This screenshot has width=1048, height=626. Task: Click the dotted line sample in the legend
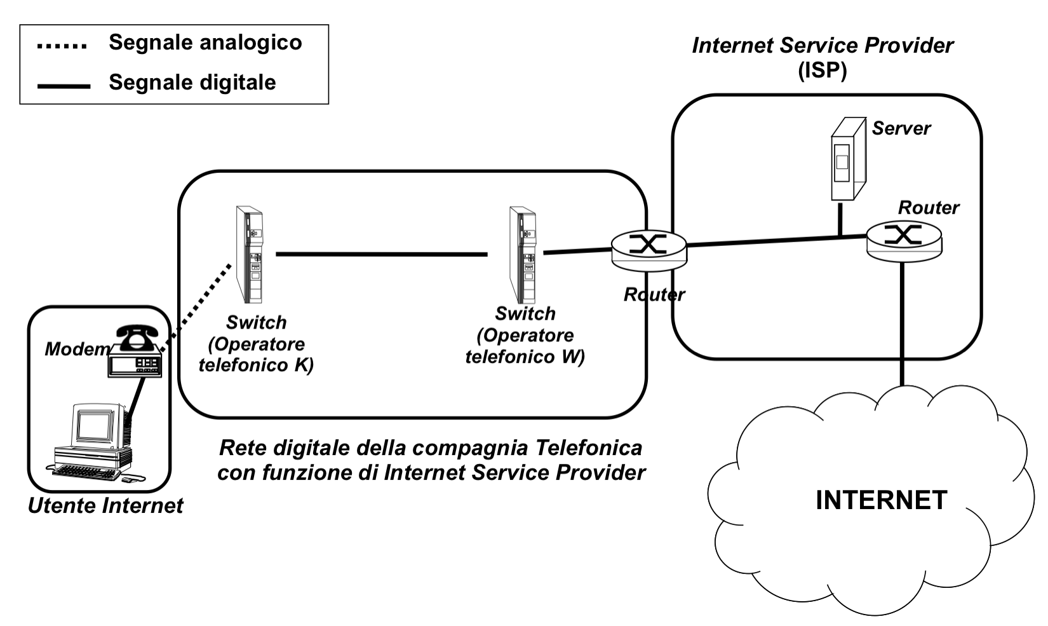(x=62, y=46)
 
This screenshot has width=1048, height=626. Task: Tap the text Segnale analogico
(x=205, y=43)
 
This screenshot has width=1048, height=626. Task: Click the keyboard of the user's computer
(x=86, y=472)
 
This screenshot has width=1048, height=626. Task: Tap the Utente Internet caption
(x=105, y=506)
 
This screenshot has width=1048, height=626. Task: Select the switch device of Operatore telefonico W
(x=522, y=254)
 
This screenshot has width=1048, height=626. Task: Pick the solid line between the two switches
(x=381, y=254)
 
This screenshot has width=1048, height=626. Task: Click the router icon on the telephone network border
(x=648, y=247)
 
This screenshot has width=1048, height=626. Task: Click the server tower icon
(x=847, y=159)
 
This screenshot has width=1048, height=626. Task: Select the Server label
(x=901, y=128)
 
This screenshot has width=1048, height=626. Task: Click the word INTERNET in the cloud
(x=881, y=500)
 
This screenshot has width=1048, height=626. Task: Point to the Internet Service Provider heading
(x=823, y=46)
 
